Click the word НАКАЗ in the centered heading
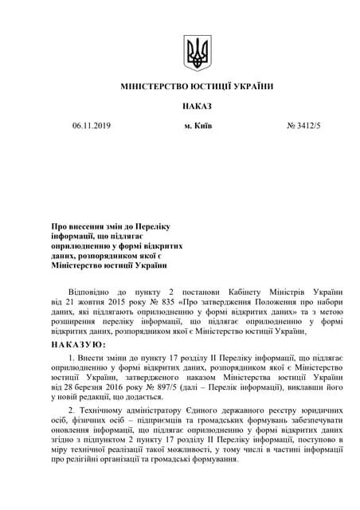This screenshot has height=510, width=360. tap(195, 105)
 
